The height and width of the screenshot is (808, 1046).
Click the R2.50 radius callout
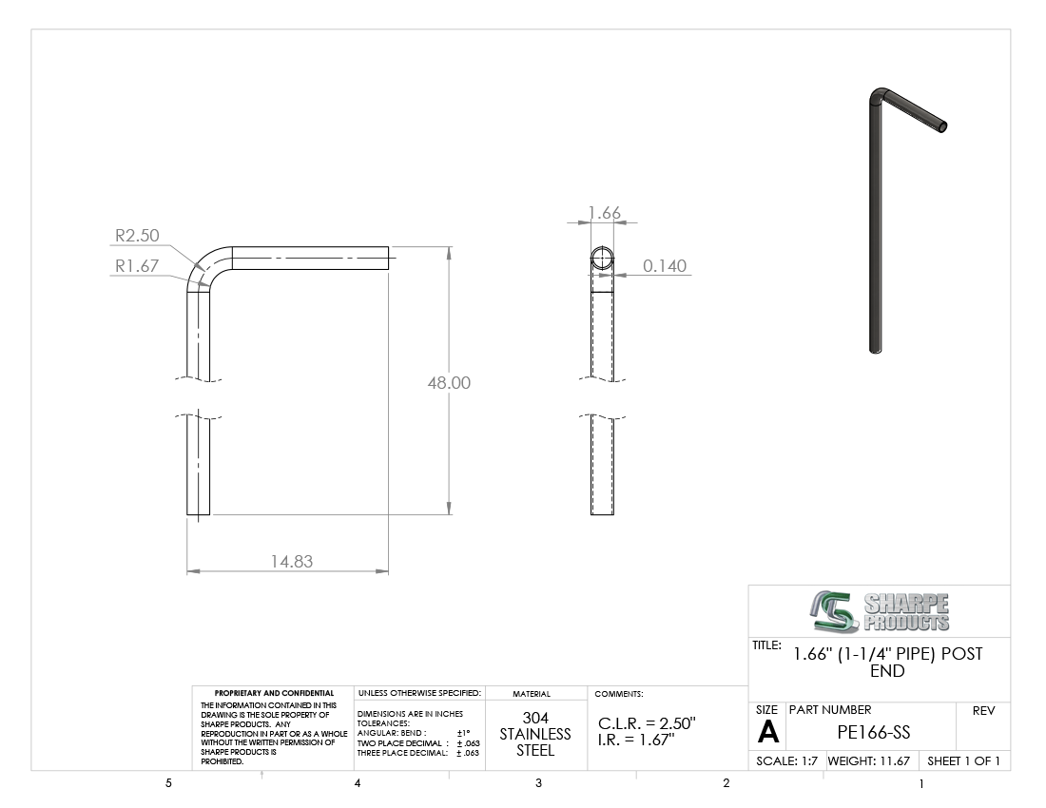(x=138, y=236)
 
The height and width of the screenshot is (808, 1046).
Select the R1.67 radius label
(x=137, y=266)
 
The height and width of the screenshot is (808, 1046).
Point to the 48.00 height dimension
(x=449, y=383)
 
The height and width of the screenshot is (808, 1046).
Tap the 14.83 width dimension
(x=292, y=562)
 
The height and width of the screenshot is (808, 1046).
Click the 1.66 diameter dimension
(x=605, y=213)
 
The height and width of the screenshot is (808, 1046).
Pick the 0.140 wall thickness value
(x=665, y=266)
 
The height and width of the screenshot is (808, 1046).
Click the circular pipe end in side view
(x=602, y=258)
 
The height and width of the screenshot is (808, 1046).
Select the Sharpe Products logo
(x=880, y=611)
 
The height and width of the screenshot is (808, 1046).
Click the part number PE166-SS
(x=873, y=733)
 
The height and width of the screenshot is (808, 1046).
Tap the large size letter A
(x=767, y=733)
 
